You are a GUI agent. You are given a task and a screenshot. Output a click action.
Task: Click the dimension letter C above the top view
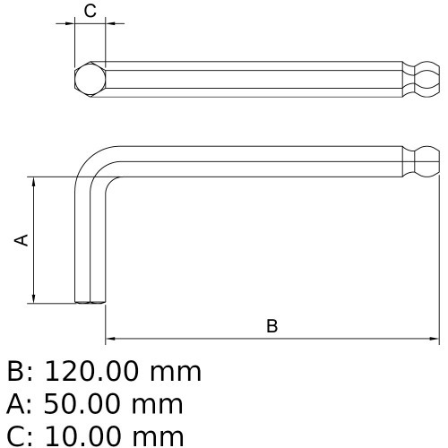[x=90, y=11]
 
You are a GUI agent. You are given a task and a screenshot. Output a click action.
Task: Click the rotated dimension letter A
[x=22, y=239]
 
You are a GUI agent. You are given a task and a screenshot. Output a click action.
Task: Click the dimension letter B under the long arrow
[x=272, y=326]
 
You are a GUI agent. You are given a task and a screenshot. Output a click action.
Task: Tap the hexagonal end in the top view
[x=88, y=78]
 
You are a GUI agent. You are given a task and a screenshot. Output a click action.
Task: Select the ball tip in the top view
[x=426, y=79]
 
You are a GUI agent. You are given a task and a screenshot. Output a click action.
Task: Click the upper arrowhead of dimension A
[x=34, y=180]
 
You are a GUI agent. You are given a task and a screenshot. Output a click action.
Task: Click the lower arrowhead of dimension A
[x=34, y=298]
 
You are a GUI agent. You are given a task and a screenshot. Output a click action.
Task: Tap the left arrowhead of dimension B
[x=110, y=340]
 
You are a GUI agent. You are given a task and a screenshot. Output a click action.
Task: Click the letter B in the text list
[x=15, y=371]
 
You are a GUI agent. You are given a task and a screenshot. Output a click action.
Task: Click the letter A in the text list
[x=15, y=404]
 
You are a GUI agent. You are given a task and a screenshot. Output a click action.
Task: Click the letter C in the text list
[x=15, y=436]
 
